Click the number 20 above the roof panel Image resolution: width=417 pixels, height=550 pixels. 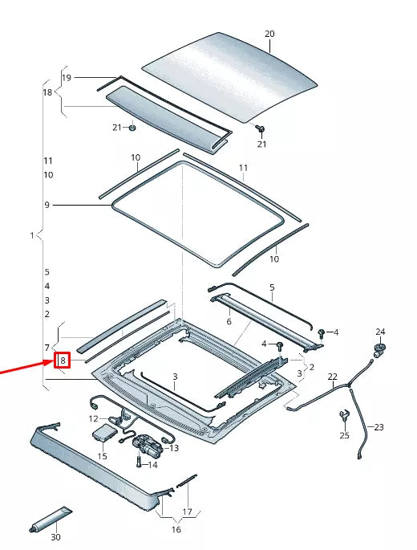(269, 34)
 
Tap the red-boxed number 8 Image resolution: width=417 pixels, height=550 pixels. (63, 361)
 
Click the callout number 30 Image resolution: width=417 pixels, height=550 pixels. (55, 537)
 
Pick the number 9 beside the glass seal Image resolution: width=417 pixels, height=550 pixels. (47, 206)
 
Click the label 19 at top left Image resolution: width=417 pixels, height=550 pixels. (67, 78)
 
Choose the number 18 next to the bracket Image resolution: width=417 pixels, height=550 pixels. (47, 93)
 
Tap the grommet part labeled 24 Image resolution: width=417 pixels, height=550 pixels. (378, 348)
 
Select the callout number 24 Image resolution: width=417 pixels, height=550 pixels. (380, 332)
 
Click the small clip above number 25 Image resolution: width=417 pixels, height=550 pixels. (344, 415)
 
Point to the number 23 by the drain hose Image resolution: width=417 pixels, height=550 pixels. (379, 427)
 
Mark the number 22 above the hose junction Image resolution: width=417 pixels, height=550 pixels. (333, 377)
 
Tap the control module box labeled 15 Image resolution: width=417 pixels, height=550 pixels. (103, 434)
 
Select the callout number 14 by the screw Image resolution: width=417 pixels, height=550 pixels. (153, 465)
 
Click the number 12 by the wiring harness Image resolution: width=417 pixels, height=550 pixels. (94, 418)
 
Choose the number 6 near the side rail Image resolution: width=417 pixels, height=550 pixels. (229, 321)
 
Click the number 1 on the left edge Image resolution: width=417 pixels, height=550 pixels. (32, 235)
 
